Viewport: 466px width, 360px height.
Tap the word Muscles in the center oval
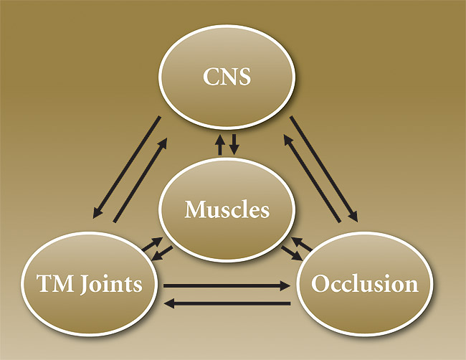tap(227, 210)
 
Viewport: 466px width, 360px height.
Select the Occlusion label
tap(364, 284)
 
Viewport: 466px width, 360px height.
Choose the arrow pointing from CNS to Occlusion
tap(326, 168)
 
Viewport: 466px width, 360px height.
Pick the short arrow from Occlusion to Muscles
tap(301, 244)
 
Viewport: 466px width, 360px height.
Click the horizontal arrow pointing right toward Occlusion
tap(226, 285)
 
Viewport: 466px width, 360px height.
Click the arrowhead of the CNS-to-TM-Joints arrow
tap(96, 215)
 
